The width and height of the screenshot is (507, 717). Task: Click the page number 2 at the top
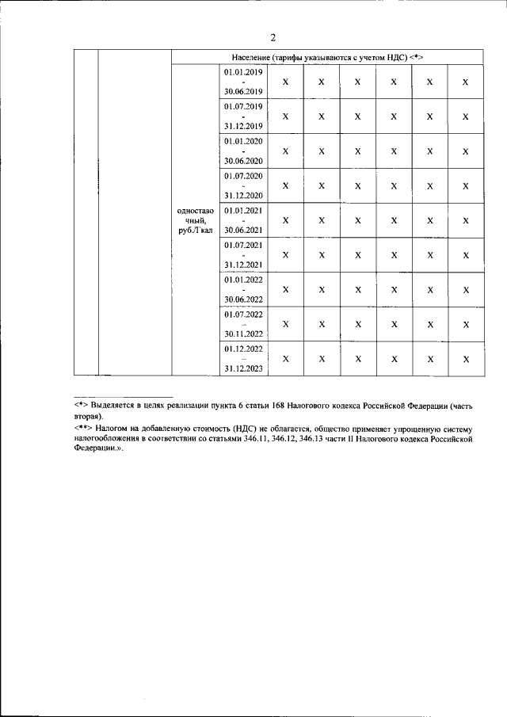pyautogui.click(x=273, y=36)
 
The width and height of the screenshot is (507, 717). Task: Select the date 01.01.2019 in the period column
pyautogui.click(x=243, y=72)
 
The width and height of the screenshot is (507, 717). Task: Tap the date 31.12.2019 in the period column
pyautogui.click(x=243, y=126)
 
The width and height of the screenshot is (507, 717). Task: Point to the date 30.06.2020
pyautogui.click(x=243, y=160)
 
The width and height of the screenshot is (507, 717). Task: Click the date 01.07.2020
pyautogui.click(x=243, y=175)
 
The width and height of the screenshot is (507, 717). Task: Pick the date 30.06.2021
pyautogui.click(x=243, y=230)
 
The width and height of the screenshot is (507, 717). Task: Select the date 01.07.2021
pyautogui.click(x=243, y=245)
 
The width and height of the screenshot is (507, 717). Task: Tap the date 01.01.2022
pyautogui.click(x=243, y=280)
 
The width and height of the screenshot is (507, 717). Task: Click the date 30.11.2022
pyautogui.click(x=243, y=334)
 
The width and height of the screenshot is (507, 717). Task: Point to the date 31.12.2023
pyautogui.click(x=243, y=368)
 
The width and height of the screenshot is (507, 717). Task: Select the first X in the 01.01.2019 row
pyautogui.click(x=286, y=82)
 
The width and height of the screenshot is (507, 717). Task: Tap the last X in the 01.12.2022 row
pyautogui.click(x=466, y=359)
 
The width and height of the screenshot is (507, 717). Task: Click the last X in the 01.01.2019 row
pyautogui.click(x=466, y=82)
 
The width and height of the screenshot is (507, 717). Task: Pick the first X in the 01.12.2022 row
pyautogui.click(x=286, y=359)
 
